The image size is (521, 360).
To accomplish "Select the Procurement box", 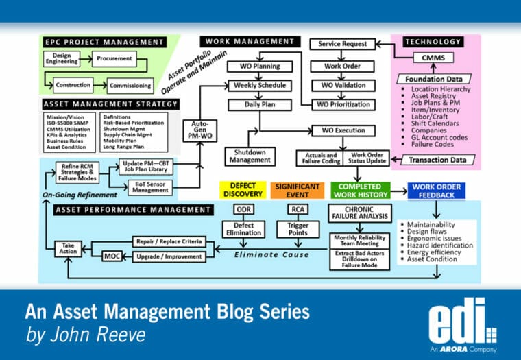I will coord(114,59).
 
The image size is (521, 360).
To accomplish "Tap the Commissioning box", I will coord(130,86).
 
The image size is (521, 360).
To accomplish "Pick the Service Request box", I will coord(343,44).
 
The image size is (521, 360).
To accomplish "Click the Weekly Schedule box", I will coord(260,85).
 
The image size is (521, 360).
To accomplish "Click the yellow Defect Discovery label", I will coord(242,191).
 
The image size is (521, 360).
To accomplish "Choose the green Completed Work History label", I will coord(360,191).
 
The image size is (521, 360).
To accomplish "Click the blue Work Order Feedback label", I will coord(435,191).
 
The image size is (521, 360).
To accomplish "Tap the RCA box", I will coord(298,209).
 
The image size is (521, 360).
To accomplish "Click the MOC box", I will coord(112,256).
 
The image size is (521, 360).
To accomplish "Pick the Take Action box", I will coord(68,248).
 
